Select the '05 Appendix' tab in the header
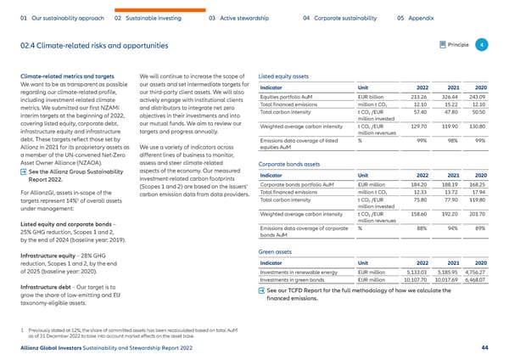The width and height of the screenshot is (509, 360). coord(417,16)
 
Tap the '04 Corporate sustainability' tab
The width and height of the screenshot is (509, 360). coord(339,16)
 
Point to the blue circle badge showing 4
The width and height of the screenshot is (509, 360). coord(481,44)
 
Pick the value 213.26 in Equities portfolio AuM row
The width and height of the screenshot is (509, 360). coord(413,98)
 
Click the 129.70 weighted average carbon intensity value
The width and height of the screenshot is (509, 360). coord(415,126)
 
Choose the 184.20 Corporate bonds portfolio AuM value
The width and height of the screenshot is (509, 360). coord(413,184)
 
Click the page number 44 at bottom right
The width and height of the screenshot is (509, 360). coord(484,347)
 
